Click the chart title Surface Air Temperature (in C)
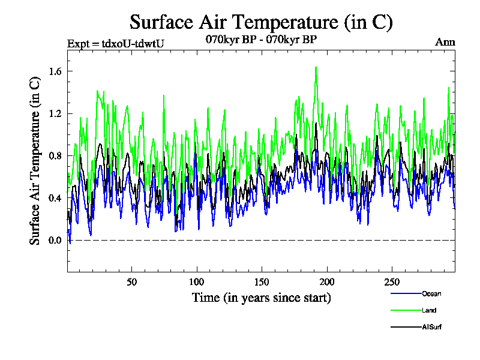click(261, 22)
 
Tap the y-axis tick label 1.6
click(55, 71)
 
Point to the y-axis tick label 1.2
click(55, 113)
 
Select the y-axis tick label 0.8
click(55, 156)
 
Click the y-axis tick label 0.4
click(55, 198)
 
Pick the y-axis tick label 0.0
click(55, 241)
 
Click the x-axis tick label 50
click(132, 282)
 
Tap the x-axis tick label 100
click(197, 282)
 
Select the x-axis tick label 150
click(262, 282)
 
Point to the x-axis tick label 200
click(326, 282)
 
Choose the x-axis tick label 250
click(391, 282)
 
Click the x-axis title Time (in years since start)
click(261, 298)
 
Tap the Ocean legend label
click(431, 293)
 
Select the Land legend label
click(428, 310)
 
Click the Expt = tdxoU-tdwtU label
click(115, 43)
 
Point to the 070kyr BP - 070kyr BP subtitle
click(261, 40)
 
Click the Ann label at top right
click(445, 43)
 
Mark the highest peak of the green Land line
click(316, 67)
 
